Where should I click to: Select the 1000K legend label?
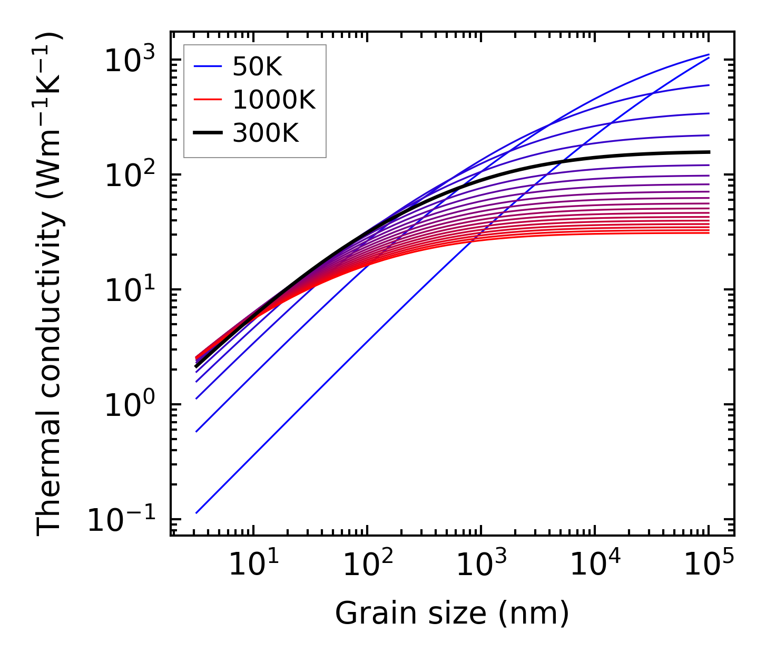(x=274, y=100)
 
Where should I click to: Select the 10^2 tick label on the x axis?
(x=367, y=565)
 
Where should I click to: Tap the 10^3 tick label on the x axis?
(x=481, y=565)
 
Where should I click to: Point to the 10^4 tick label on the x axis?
(x=595, y=565)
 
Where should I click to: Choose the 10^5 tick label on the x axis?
(x=709, y=565)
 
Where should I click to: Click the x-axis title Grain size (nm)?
(x=452, y=614)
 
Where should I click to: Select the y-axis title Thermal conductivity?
(x=50, y=285)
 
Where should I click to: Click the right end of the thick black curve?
(x=709, y=152)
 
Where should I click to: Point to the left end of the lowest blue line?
(x=196, y=512)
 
